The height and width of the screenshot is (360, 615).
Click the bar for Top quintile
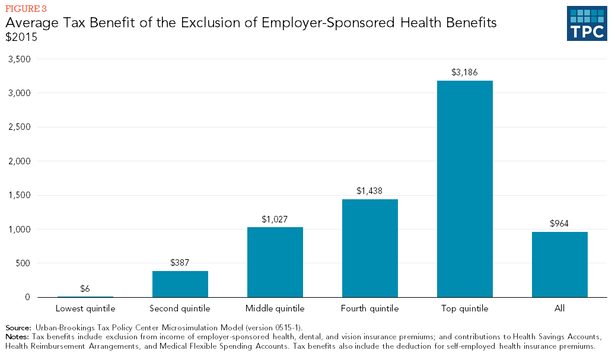tap(465, 189)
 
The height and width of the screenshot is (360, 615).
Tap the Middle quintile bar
tap(275, 262)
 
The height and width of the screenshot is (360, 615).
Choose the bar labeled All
tap(560, 264)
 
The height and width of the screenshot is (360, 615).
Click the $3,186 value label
tap(465, 73)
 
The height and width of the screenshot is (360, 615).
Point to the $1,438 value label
tap(370, 191)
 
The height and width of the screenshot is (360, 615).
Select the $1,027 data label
tap(275, 219)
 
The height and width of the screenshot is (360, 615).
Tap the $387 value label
tap(180, 263)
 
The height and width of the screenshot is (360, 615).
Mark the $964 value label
tap(560, 224)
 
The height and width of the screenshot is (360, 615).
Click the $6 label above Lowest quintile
tap(85, 289)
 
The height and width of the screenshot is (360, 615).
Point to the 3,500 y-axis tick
tap(20, 59)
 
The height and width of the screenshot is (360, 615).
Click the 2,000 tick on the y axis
tap(20, 161)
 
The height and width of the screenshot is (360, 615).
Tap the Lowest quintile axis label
tap(85, 308)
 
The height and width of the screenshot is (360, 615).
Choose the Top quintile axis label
tap(465, 308)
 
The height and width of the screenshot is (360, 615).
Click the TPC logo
tap(587, 24)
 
